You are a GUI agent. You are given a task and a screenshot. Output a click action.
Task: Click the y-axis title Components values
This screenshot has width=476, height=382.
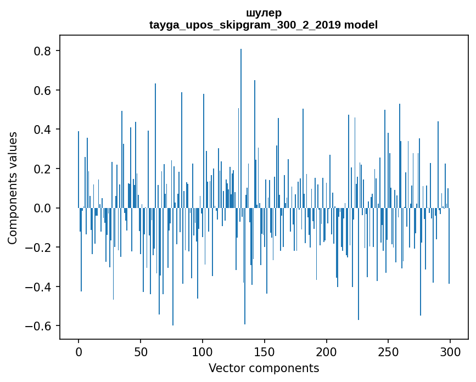tap(13, 188)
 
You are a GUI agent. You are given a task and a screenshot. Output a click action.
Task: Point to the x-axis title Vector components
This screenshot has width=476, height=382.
tap(264, 368)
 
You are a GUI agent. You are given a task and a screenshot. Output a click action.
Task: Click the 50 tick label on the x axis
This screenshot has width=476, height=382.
tap(141, 351)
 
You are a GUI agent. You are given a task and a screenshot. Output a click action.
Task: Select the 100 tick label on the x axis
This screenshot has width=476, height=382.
tap(203, 351)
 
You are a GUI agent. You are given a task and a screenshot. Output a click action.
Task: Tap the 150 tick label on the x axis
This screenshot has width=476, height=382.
tap(265, 351)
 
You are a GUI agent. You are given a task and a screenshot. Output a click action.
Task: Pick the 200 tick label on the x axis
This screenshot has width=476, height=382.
tap(327, 351)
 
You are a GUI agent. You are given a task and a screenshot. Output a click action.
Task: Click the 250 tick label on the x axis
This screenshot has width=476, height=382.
tap(388, 351)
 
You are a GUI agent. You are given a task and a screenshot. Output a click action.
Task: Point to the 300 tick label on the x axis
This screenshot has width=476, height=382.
tap(450, 351)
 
